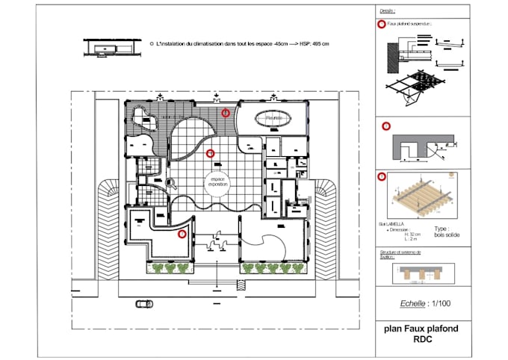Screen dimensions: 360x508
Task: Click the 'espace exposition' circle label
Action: click(217, 182)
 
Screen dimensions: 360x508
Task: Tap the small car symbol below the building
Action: click(144, 304)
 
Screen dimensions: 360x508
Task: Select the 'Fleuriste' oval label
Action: click(272, 117)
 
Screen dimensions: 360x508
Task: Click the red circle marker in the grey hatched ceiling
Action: click(226, 113)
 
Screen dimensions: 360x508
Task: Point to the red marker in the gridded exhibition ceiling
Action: click(210, 153)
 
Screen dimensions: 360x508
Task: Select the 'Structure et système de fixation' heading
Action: click(402, 255)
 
